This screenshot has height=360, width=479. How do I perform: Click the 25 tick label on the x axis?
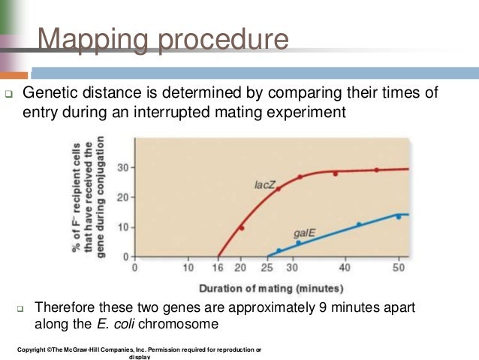[268, 267]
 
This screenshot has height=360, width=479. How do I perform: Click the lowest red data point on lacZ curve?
[242, 228]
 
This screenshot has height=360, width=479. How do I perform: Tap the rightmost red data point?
[377, 170]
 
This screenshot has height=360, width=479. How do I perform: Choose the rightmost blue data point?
[399, 216]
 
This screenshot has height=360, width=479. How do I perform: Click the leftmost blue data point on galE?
[279, 251]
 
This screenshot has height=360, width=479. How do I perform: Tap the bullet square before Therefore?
[20, 309]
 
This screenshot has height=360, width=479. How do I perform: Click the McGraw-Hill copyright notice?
[138, 351]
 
